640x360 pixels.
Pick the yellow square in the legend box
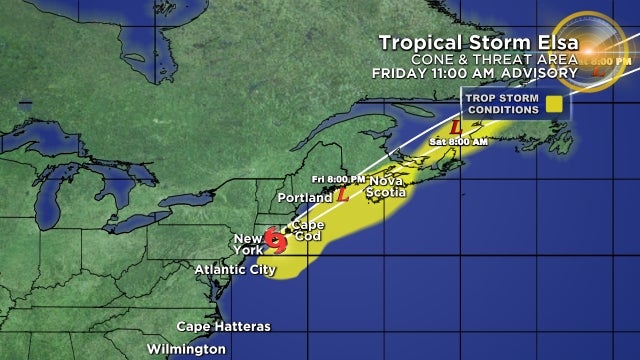coord(552,103)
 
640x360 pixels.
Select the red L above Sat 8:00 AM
coord(455,129)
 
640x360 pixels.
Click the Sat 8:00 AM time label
coord(460,142)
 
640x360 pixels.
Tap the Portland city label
coord(306,198)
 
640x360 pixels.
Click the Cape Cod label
coord(307,229)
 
